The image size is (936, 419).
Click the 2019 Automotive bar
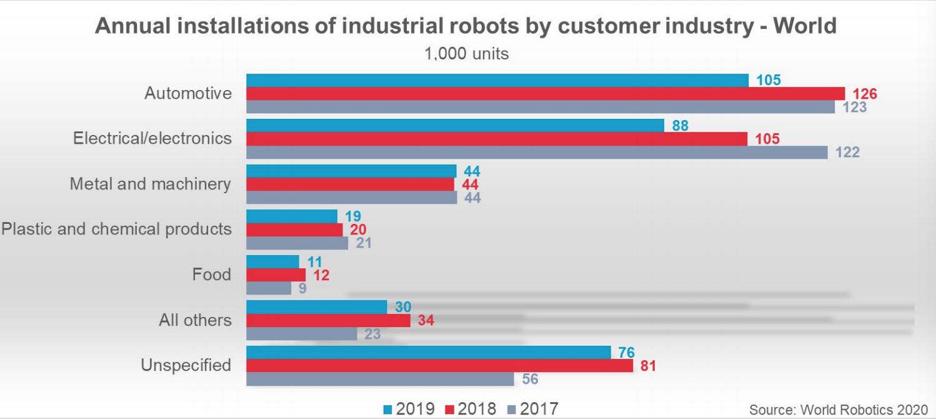(x=497, y=80)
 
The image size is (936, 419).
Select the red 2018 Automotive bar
(x=545, y=94)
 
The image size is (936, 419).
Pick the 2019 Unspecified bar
(x=428, y=352)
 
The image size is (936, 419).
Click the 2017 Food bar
(x=269, y=288)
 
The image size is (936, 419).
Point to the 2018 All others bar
(x=328, y=320)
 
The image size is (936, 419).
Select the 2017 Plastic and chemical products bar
(x=297, y=243)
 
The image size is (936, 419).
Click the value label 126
(x=865, y=94)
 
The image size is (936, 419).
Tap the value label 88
(x=680, y=125)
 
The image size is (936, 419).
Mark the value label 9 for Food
(x=302, y=290)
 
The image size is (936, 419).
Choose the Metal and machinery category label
(x=150, y=184)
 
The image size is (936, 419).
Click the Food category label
(x=212, y=275)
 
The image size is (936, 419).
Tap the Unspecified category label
(x=186, y=365)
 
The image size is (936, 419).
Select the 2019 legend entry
(x=409, y=410)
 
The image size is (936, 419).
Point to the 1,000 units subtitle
(x=466, y=54)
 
